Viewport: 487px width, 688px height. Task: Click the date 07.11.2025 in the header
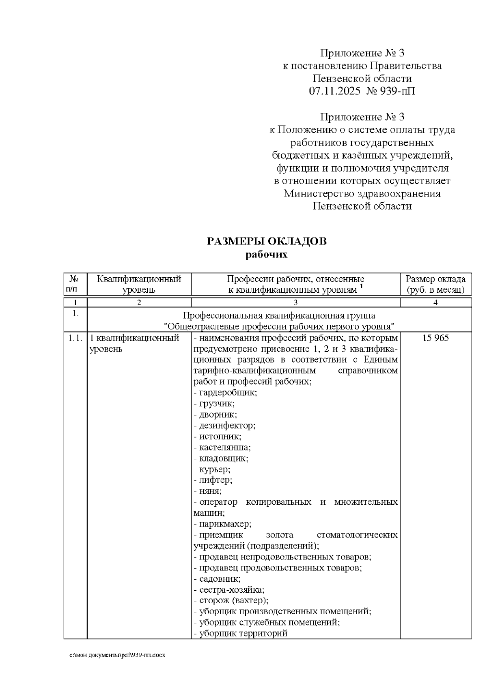pos(334,91)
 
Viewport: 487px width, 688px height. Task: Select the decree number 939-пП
pos(398,91)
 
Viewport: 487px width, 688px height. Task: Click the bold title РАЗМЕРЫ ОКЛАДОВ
pos(267,242)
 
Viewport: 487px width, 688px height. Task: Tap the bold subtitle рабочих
pos(267,255)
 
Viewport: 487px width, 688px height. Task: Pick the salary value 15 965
pos(435,338)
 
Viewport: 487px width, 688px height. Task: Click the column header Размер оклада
pos(435,279)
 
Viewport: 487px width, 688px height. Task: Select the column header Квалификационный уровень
pos(139,284)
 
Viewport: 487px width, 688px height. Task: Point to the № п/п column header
pos(75,284)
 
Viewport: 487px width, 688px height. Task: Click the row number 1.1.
pos(75,338)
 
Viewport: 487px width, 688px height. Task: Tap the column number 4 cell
pos(435,303)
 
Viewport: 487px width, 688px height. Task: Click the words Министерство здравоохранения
pos(362,193)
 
